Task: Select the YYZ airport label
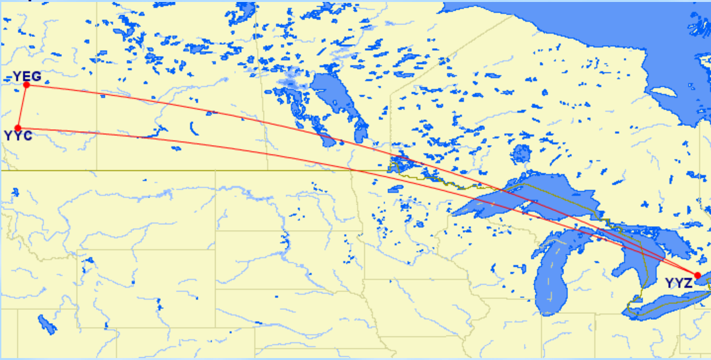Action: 678,284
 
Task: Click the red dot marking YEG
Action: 27,85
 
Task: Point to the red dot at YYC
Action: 18,128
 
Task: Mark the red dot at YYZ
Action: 697,276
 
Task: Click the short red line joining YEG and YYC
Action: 22,107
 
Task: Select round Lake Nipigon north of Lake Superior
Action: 521,154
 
